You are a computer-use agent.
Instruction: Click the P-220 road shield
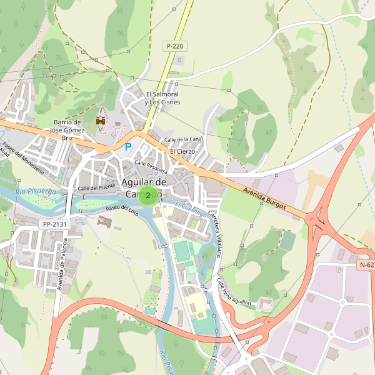pyautogui.click(x=175, y=46)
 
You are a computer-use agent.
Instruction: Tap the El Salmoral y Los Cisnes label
pyautogui.click(x=162, y=98)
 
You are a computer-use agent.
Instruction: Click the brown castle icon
pyautogui.click(x=100, y=119)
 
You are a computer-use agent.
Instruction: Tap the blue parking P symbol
pyautogui.click(x=129, y=147)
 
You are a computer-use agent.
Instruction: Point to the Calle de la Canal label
pyautogui.click(x=183, y=139)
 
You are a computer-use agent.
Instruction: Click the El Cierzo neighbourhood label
pyautogui.click(x=182, y=151)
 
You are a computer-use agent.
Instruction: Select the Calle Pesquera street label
pyautogui.click(x=151, y=167)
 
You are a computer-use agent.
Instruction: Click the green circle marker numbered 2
pyautogui.click(x=147, y=196)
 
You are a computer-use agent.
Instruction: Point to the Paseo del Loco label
pyautogui.click(x=121, y=210)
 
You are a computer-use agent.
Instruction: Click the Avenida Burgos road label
pyautogui.click(x=264, y=198)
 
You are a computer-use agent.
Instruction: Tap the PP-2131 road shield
pyautogui.click(x=55, y=224)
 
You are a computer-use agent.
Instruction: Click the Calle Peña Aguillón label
pyautogui.click(x=234, y=292)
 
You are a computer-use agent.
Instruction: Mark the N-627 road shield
pyautogui.click(x=367, y=265)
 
